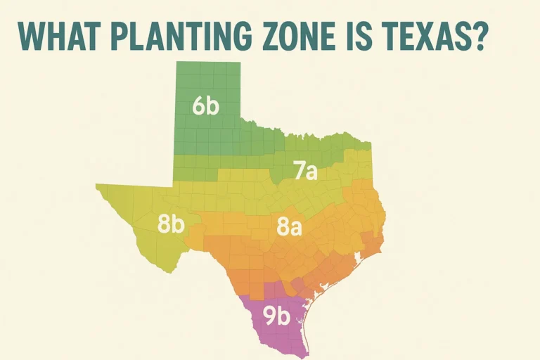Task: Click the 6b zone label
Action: [x=205, y=107]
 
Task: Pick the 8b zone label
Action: [x=171, y=225]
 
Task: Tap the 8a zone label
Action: [x=289, y=226]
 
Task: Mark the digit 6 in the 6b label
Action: [x=198, y=107]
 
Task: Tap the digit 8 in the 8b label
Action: [x=164, y=225]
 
